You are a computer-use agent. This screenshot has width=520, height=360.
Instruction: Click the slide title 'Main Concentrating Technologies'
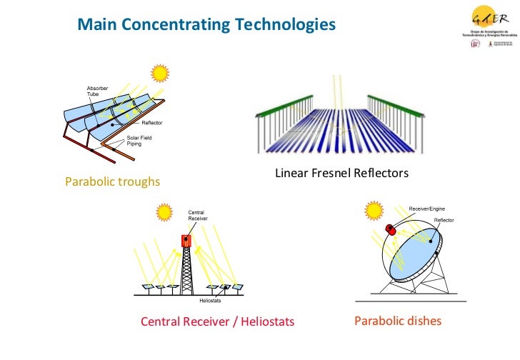click(206, 25)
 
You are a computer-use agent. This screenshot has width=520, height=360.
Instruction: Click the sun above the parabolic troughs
click(159, 73)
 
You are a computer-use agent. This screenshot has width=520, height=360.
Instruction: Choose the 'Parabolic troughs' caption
click(113, 182)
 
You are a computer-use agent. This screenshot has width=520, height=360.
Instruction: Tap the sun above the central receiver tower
click(165, 211)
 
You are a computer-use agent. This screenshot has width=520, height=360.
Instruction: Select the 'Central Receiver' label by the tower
click(198, 214)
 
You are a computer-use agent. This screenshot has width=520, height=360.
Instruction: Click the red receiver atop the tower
click(187, 239)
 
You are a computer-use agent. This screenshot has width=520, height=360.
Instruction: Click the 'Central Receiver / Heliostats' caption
click(217, 322)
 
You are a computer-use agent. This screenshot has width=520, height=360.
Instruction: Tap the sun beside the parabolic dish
click(373, 211)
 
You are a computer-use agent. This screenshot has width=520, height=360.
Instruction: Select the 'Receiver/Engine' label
click(428, 206)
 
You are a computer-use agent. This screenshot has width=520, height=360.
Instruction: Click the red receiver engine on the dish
click(391, 229)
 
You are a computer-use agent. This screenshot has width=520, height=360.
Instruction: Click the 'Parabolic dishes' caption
click(398, 321)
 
